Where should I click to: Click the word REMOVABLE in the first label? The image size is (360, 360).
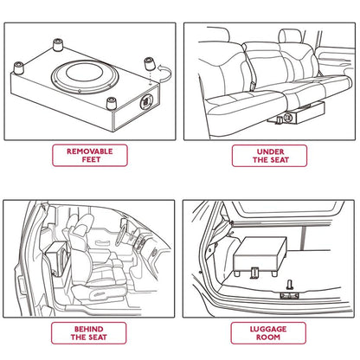pos(90,151)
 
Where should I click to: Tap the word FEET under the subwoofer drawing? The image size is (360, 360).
pos(90,160)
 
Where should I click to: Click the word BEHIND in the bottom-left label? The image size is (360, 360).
pos(90,330)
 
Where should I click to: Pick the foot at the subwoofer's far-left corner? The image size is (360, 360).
pos(18,67)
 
